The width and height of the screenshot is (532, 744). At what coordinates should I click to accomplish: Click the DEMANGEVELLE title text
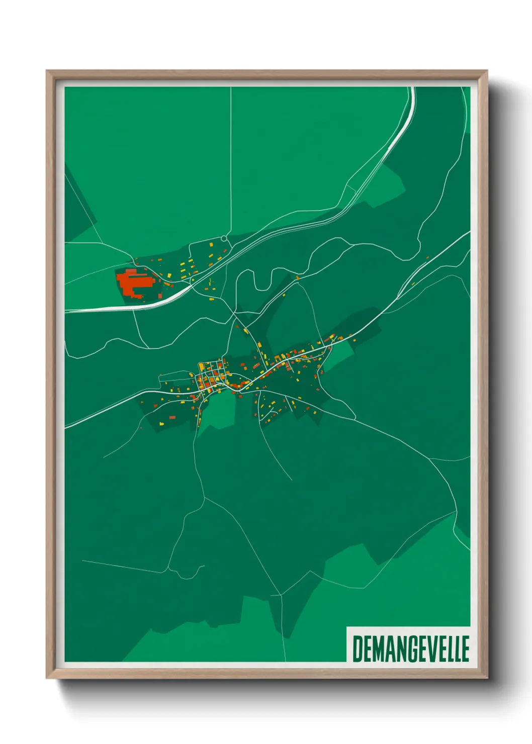tap(410, 648)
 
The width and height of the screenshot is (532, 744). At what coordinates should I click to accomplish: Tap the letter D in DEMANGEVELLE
tap(358, 648)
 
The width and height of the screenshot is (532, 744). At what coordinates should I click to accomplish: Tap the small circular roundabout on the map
tap(224, 238)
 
